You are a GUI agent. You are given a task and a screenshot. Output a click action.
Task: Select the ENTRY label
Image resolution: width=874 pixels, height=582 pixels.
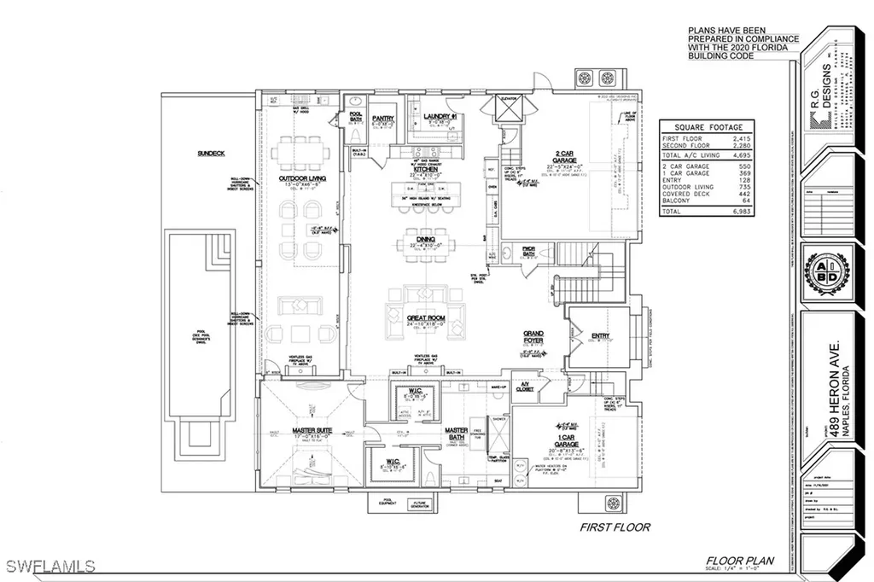(601, 336)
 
